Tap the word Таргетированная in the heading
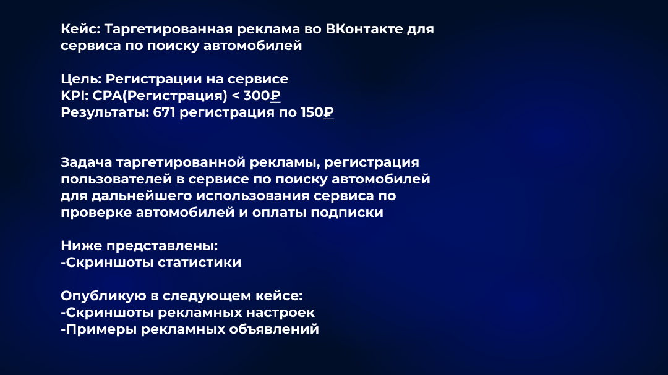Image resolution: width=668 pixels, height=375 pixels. click(168, 30)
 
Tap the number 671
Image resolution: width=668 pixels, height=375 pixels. click(164, 112)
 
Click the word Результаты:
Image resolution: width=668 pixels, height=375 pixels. click(105, 113)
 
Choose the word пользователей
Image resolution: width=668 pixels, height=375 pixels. click(116, 179)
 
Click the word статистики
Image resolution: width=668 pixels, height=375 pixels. click(199, 263)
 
